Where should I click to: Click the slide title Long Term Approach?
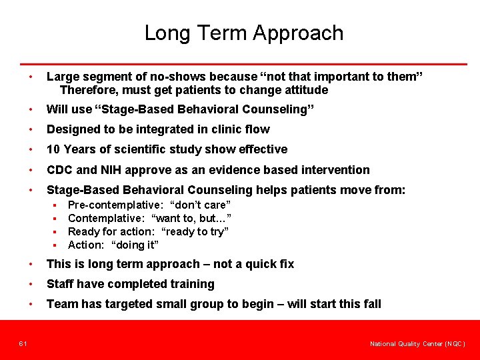(x=244, y=33)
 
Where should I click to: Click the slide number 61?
(x=23, y=343)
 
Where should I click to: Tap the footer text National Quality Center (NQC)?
(x=417, y=344)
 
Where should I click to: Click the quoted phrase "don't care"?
(x=201, y=205)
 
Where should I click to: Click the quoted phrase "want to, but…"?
(x=191, y=218)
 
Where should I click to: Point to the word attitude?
(x=304, y=90)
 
